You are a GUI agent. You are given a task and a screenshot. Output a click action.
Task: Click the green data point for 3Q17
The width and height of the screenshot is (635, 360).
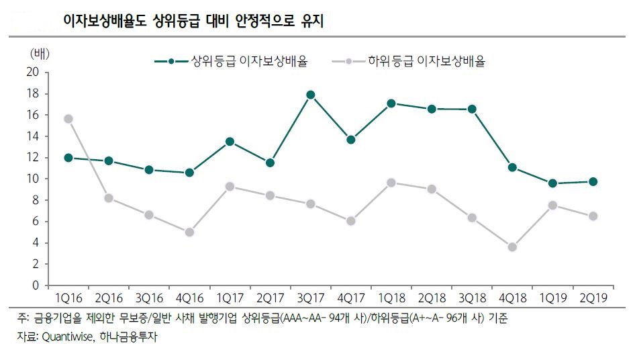(310, 95)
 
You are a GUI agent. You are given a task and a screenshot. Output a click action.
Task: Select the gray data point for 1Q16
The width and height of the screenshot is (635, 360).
(68, 119)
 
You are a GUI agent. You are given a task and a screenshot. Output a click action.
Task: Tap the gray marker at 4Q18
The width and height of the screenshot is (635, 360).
(512, 247)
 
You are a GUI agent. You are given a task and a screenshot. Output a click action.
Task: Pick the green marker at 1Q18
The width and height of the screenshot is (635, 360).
(391, 103)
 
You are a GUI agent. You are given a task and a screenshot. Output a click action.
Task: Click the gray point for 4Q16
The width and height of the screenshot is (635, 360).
(189, 232)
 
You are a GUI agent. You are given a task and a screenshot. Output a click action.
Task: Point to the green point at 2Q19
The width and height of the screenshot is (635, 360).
(593, 181)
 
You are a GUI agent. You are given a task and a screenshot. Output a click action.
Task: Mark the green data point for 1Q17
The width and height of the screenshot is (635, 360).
(230, 142)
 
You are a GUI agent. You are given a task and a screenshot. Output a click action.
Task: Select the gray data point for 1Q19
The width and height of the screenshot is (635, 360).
(552, 206)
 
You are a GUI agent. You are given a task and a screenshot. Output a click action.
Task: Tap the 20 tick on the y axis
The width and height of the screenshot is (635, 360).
(33, 72)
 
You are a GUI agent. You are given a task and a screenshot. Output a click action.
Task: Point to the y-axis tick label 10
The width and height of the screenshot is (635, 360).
(33, 179)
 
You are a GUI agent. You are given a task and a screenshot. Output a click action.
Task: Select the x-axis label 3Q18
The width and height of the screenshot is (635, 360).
(472, 297)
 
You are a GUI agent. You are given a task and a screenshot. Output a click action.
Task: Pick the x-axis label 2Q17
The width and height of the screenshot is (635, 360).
(270, 297)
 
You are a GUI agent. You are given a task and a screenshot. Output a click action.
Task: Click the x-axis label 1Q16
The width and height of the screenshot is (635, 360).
(68, 297)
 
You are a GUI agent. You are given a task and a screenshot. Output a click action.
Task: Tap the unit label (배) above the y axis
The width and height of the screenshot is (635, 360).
(40, 52)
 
